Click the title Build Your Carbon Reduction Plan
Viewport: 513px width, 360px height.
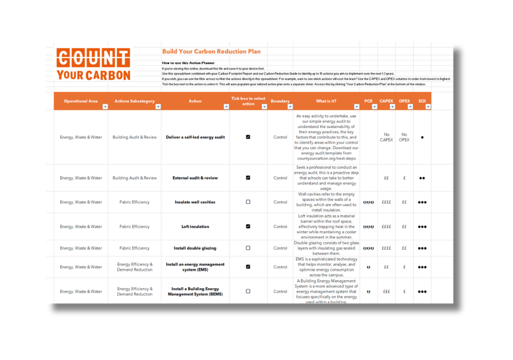point(211,52)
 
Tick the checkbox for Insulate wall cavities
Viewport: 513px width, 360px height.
point(248,202)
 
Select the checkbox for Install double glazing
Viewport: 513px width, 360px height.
point(248,248)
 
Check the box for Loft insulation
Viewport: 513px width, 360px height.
point(248,226)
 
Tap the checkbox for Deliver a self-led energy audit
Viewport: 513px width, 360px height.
point(248,137)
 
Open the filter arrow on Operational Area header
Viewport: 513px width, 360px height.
point(105,107)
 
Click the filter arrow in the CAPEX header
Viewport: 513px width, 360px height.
point(392,107)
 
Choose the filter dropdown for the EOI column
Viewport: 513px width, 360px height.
point(428,107)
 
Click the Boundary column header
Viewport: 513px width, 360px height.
point(280,101)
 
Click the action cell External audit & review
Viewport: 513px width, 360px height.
point(195,178)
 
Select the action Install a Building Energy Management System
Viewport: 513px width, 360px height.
point(195,292)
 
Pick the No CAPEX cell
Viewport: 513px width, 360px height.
point(386,137)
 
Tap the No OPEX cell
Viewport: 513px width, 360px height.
point(404,137)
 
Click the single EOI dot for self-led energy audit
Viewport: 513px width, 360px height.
point(422,137)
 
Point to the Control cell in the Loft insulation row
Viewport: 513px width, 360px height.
point(280,226)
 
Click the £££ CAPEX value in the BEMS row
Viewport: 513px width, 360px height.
point(386,292)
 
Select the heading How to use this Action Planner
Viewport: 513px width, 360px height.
point(188,63)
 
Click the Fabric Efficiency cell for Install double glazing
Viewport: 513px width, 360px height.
point(135,248)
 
